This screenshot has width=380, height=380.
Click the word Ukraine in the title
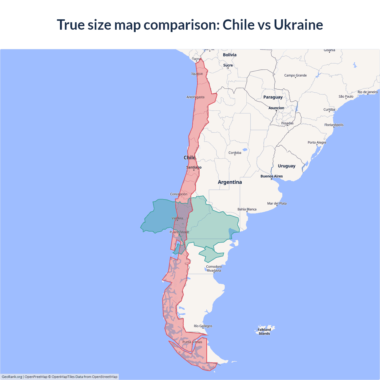[298, 25]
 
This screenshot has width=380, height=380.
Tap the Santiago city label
[194, 167]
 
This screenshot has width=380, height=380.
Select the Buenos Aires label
[272, 176]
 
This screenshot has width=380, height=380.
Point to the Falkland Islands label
[264, 332]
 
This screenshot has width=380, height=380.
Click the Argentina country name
[230, 182]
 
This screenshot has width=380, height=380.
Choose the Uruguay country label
[286, 166]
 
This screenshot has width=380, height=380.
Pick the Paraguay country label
[273, 97]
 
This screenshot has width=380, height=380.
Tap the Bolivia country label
[230, 55]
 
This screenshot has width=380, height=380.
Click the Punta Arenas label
[192, 342]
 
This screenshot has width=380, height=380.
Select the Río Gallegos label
[203, 326]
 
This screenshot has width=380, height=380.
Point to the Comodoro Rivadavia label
[214, 268]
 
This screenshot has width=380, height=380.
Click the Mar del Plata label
[277, 203]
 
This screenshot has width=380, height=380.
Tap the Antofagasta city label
[195, 97]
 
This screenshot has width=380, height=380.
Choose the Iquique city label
[197, 74]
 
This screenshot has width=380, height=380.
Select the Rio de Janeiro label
[368, 92]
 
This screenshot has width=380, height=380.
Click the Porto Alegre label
[317, 142]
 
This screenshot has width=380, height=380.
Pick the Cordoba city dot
[235, 155]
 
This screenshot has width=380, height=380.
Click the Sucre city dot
[228, 68]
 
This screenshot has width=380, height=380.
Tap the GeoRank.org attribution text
[12, 377]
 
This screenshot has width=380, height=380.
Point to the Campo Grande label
[295, 75]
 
